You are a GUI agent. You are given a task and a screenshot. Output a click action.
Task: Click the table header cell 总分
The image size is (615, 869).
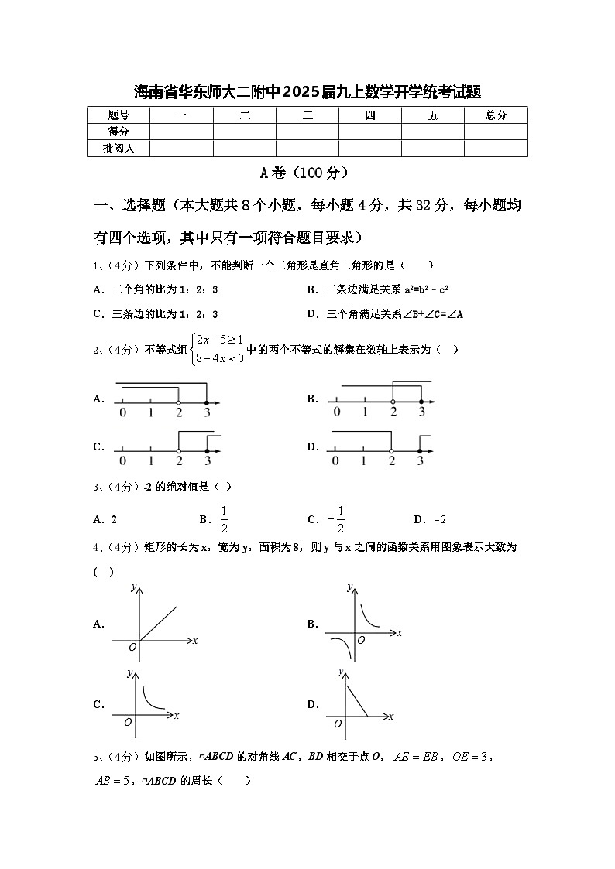tap(496, 115)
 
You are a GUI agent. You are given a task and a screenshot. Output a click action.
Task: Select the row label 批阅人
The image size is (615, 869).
tap(119, 148)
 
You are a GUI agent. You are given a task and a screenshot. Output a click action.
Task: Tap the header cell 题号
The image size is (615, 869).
tap(119, 115)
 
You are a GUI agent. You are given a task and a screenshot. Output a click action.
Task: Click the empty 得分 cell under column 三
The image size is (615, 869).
tap(307, 132)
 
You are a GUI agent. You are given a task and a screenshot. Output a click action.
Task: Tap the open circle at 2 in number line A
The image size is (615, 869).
tap(179, 402)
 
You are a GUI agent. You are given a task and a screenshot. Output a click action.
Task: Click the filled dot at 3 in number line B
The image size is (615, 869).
tap(421, 402)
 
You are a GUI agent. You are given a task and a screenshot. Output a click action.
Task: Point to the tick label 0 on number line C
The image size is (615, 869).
tap(122, 461)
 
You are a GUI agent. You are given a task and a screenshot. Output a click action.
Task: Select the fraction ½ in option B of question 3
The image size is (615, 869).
tap(224, 519)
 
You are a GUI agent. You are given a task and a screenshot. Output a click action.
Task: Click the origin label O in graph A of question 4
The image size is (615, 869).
tap(132, 648)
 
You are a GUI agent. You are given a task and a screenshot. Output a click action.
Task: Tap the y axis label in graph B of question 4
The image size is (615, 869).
tap(349, 587)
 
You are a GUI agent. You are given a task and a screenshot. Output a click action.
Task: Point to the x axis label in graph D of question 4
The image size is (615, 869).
tap(391, 717)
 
